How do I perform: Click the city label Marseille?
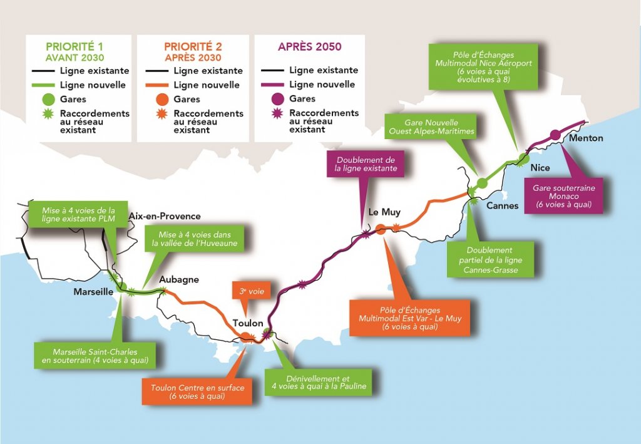[x=93, y=292]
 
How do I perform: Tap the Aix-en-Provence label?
[x=165, y=216]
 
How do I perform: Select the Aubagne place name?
[x=178, y=279]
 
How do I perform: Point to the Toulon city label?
[x=247, y=323]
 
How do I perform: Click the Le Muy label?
[x=383, y=212]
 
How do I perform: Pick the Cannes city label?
[x=502, y=205]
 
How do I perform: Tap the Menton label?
[x=587, y=138]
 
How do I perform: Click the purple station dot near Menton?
[x=555, y=134]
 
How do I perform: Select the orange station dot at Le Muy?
[x=381, y=229]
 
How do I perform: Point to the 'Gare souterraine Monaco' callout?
[x=564, y=196]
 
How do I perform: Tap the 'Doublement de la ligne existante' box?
[x=366, y=165]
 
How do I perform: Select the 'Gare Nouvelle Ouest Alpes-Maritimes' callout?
[x=431, y=127]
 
